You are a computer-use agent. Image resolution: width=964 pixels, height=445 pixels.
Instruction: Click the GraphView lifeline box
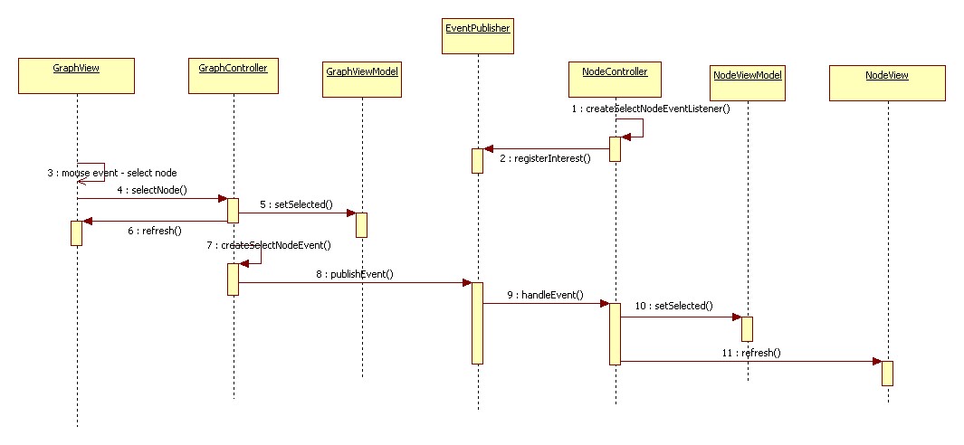coord(76,75)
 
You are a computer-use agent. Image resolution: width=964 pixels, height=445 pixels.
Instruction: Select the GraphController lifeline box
coord(233,75)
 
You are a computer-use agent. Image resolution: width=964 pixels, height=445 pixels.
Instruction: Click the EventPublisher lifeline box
coord(478,36)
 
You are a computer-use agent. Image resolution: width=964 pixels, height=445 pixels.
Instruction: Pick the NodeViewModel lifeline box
coord(747,82)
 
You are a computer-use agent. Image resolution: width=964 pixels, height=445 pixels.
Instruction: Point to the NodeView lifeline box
coord(887,82)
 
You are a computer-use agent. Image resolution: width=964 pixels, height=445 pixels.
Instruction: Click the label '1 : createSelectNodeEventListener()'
coord(650,109)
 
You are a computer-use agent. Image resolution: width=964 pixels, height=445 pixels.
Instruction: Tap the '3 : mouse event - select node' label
coord(112,172)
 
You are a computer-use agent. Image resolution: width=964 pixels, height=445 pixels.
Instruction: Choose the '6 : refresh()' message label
coord(154,231)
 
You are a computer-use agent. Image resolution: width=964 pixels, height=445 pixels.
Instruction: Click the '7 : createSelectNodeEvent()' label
coord(268,245)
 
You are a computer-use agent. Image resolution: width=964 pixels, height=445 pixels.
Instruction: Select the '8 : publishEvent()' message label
coord(355,274)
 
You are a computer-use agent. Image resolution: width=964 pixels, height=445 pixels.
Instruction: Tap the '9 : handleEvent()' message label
coord(545,295)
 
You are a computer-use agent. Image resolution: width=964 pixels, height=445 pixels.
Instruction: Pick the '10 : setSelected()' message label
coord(673,306)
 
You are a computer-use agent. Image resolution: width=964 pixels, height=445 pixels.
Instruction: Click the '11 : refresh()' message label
coord(753,353)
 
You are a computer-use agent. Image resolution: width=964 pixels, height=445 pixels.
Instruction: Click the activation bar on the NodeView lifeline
coord(887,373)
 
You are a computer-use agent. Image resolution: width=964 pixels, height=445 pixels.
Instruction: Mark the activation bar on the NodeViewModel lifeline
coord(747,328)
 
